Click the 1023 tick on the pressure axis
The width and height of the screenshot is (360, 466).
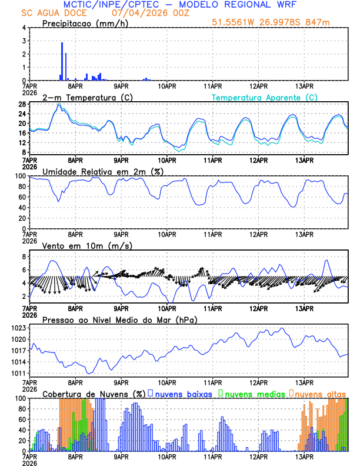coord(19,328)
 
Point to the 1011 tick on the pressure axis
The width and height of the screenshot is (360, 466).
coord(19,374)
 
